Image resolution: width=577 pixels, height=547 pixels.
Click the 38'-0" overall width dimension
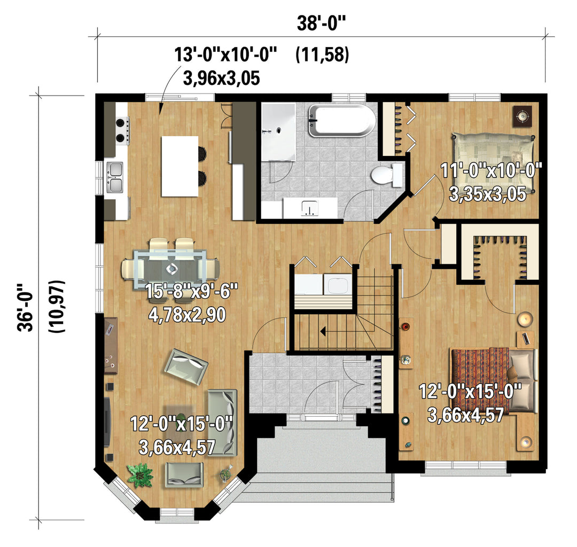coord(322,24)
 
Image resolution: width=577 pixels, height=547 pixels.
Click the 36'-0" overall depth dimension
coord(26,307)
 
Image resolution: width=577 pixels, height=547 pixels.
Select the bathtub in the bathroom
coord(342,121)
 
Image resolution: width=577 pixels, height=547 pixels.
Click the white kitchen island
coord(180,166)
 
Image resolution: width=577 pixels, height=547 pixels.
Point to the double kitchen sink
coord(115,177)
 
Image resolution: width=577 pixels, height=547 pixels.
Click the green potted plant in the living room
coord(140,475)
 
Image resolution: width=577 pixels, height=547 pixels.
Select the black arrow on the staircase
coord(323,331)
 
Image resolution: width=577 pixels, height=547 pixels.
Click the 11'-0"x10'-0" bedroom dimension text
coord(492,171)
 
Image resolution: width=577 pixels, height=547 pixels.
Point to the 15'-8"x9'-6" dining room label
coord(192,291)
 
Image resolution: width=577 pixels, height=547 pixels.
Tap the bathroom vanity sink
coord(310,208)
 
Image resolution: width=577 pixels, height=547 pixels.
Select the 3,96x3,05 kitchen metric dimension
coord(221,79)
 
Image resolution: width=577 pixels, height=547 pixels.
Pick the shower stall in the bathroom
coord(278,132)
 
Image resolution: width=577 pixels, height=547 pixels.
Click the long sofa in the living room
coord(222,423)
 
